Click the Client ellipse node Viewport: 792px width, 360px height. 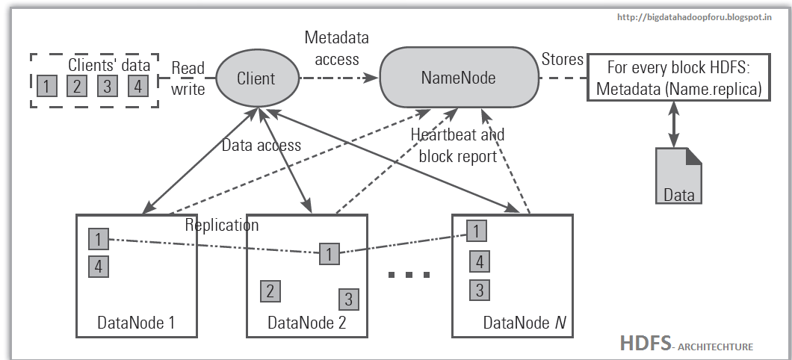point(256,78)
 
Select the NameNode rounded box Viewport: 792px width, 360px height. point(458,78)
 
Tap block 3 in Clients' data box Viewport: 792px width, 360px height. point(107,87)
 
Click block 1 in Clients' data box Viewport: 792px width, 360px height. point(46,87)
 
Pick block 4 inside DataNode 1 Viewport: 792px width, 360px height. point(97,265)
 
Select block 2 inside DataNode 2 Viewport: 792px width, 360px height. point(270,291)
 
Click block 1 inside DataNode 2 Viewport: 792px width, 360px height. point(328,253)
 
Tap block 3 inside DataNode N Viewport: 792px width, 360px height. point(479,289)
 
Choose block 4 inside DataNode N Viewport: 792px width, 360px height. point(479,261)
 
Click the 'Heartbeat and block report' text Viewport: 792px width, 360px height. point(457,146)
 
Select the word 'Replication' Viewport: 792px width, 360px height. point(222,225)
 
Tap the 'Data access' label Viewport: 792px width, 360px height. point(262,146)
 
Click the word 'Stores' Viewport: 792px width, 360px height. point(563,60)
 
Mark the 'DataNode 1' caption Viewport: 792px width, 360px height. point(136,323)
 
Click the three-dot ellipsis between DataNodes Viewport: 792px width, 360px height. point(410,275)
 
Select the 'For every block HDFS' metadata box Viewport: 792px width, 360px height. point(678,78)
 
